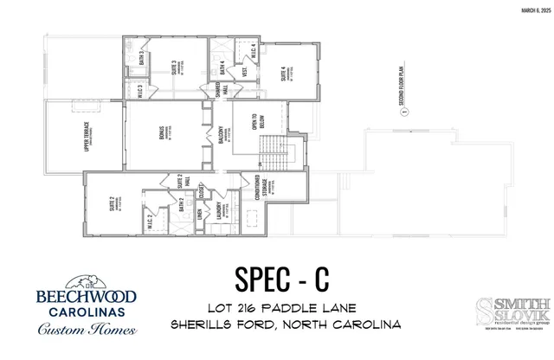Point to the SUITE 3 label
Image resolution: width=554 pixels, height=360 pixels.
click(172, 68)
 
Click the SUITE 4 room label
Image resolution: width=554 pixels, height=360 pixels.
click(285, 75)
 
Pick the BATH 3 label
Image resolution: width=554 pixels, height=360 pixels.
click(139, 59)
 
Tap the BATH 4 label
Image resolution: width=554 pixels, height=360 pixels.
click(222, 66)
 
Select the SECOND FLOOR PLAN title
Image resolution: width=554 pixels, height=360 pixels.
click(402, 86)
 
